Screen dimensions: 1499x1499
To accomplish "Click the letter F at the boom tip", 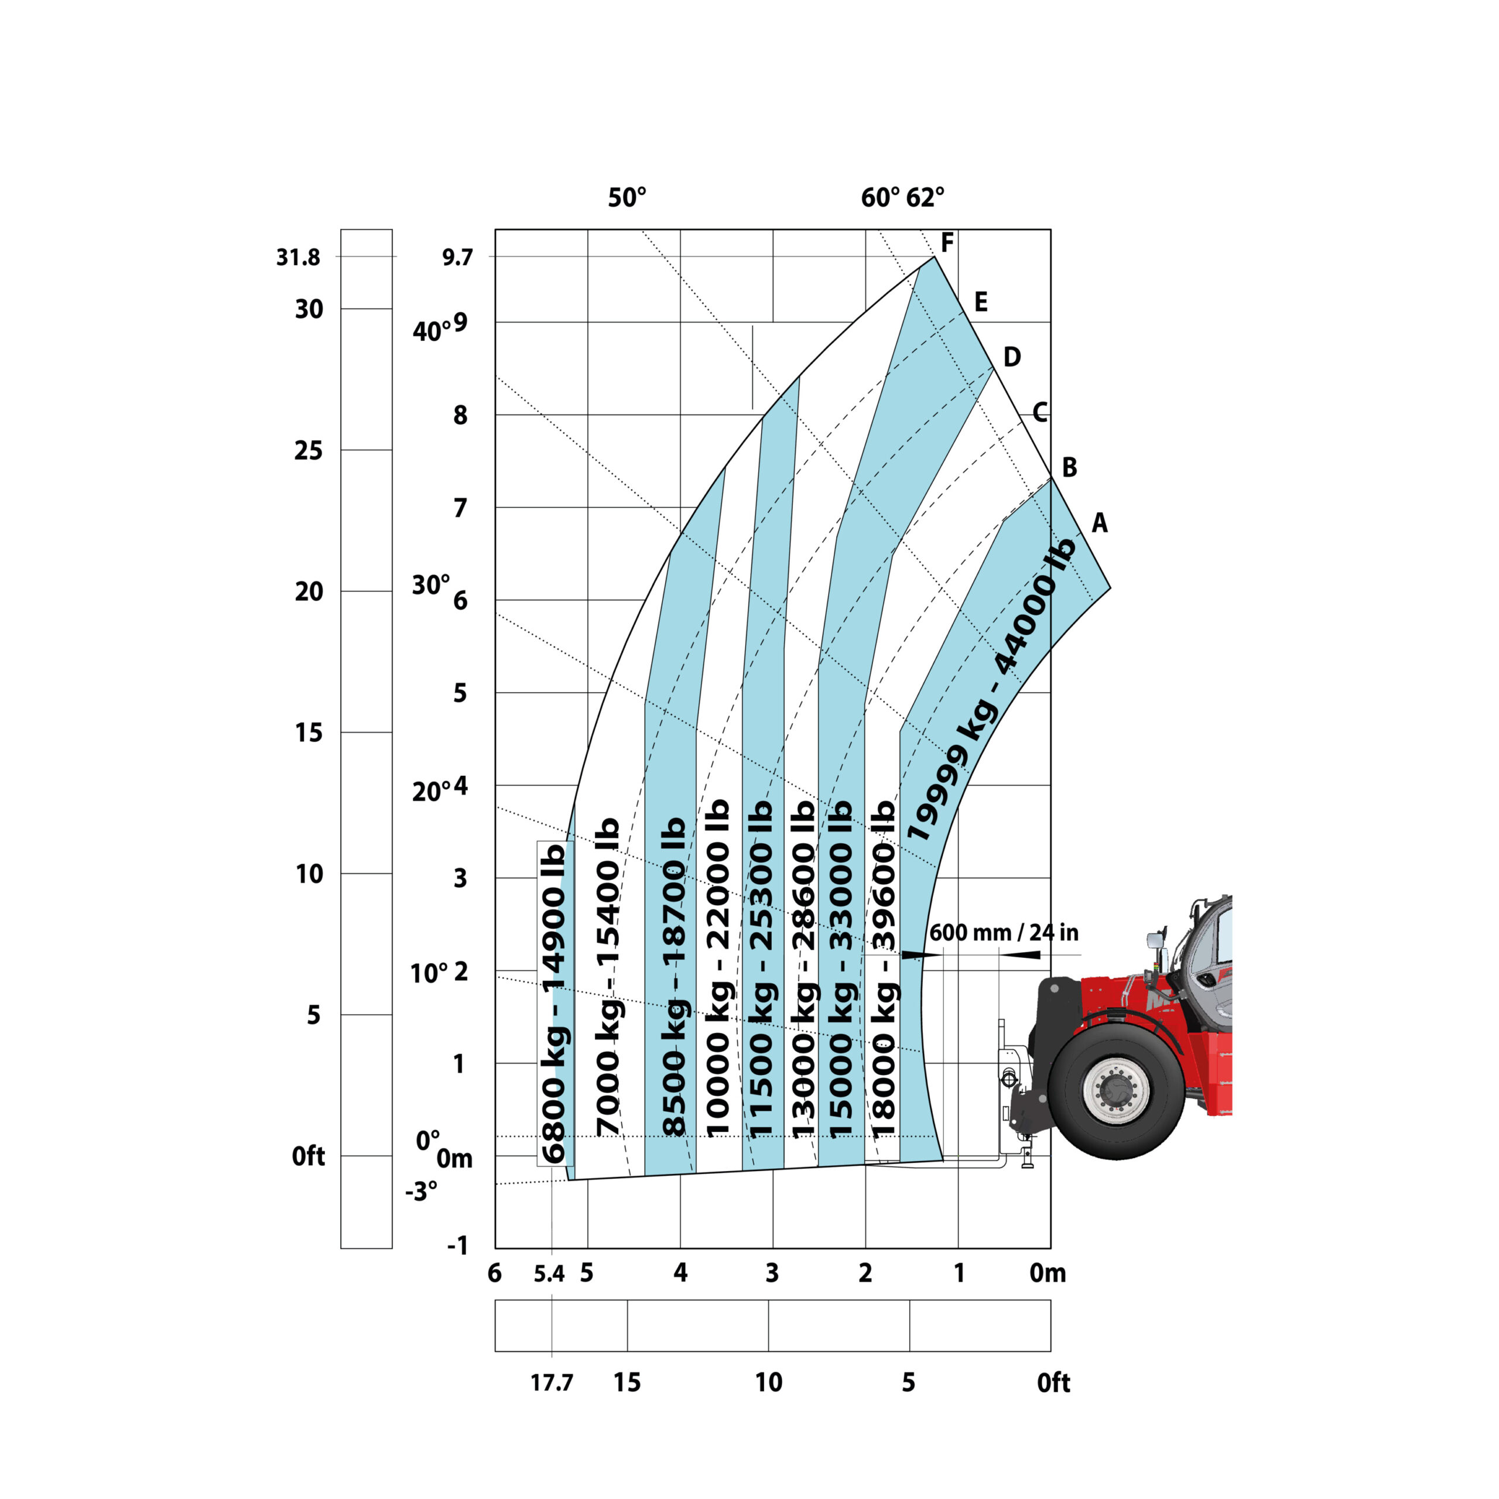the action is (947, 243).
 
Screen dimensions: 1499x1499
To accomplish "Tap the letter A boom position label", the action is (1100, 523).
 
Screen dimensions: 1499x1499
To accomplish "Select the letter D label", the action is (1012, 357).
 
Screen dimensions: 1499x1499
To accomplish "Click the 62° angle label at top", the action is (926, 198).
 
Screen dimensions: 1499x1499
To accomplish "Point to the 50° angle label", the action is (627, 198).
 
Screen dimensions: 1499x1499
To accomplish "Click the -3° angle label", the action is (422, 1190).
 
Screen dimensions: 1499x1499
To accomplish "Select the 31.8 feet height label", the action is (298, 257).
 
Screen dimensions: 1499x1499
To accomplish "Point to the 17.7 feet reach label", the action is (552, 1382).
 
